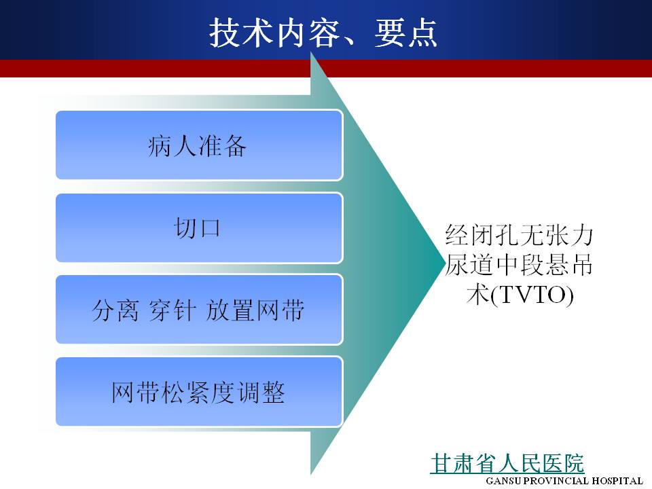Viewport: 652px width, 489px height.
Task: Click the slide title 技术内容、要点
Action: coord(323,33)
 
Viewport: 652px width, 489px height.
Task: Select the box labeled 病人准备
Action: coord(199,145)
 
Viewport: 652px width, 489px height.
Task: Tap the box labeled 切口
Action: coord(199,228)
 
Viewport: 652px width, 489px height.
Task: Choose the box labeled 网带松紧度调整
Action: coord(199,391)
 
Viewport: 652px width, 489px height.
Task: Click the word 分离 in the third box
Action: coord(115,310)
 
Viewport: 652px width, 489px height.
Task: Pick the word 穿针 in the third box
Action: coord(172,310)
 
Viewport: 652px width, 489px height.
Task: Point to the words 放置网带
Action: coord(255,310)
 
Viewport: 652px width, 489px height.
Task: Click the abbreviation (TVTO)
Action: coord(532,294)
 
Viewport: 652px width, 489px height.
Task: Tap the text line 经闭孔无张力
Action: coord(520,235)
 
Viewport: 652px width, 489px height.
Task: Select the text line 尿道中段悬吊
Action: coord(520,264)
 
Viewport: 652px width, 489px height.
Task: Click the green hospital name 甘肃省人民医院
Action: coord(507,463)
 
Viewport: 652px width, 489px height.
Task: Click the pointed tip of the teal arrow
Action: coord(444,263)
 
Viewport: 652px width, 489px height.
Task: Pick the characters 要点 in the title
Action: coord(406,33)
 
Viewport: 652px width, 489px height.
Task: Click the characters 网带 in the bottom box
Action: coord(136,392)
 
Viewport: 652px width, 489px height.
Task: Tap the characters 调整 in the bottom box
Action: coord(261,392)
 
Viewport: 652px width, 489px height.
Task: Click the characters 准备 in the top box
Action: coord(223,146)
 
